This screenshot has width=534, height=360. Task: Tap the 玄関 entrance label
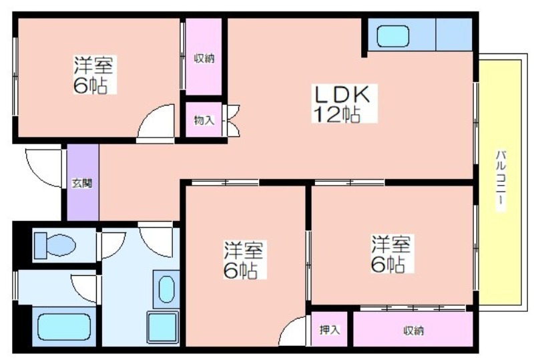click(82, 184)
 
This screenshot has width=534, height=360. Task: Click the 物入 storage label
click(204, 120)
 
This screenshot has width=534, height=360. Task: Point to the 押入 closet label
click(329, 330)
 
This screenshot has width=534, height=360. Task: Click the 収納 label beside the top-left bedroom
click(204, 59)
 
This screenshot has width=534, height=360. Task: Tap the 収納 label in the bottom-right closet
click(413, 331)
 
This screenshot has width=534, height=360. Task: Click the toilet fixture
click(55, 245)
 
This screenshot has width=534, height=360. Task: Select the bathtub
click(64, 327)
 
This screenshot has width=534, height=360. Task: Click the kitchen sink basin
click(393, 36)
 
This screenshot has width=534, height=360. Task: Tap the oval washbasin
click(166, 289)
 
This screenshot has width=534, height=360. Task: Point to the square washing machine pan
click(163, 327)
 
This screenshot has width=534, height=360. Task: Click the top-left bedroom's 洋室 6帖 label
click(93, 75)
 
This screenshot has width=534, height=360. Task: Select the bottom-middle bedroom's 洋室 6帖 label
click(243, 260)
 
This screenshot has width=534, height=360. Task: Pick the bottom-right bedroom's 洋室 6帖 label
click(391, 254)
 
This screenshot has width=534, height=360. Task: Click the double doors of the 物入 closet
click(232, 121)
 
